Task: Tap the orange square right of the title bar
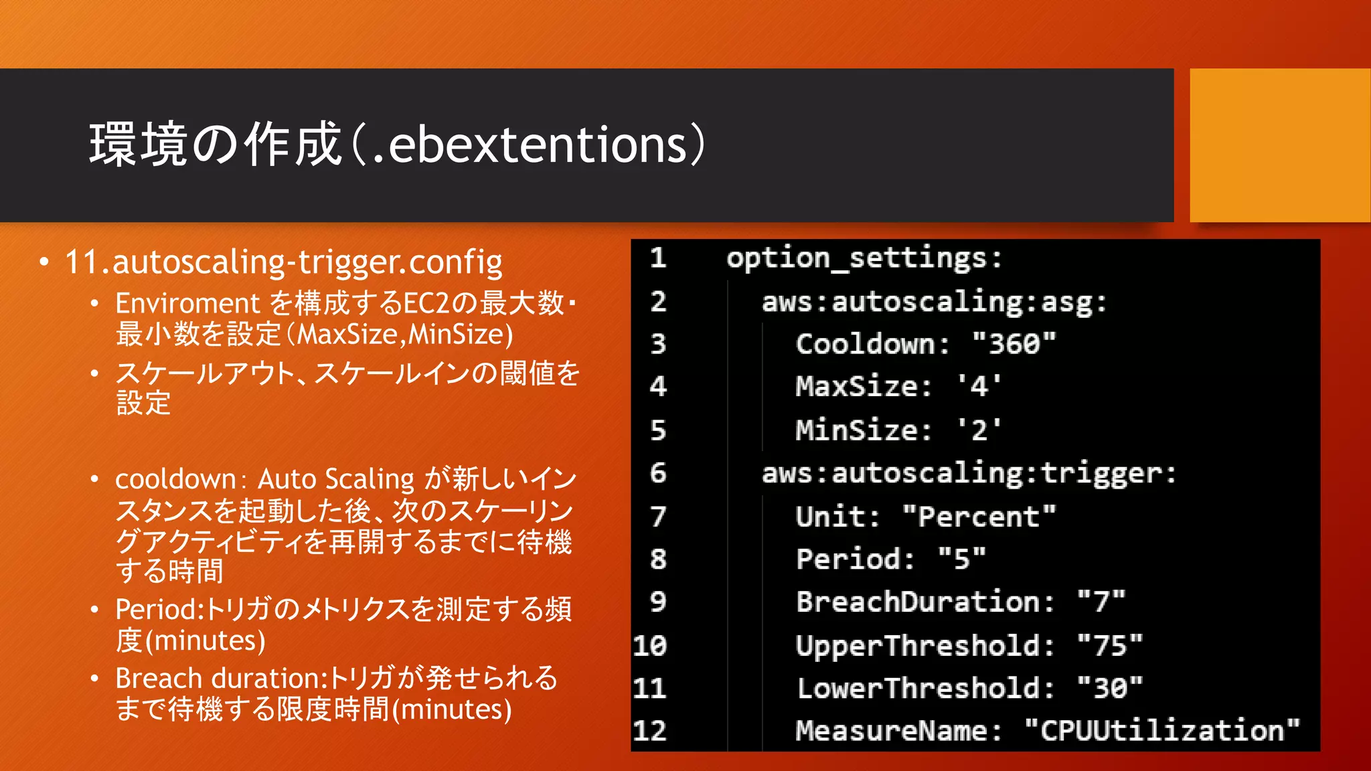point(1279,145)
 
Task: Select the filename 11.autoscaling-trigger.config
point(283,262)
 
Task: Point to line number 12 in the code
point(649,730)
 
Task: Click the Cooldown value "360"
point(1014,344)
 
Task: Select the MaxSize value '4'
point(979,387)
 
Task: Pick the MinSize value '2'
point(979,430)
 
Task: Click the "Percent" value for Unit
point(979,517)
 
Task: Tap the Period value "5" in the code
point(962,559)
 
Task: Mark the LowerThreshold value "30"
point(1110,688)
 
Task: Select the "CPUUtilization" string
point(1161,730)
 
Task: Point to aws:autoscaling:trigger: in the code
point(969,473)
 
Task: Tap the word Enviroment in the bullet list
point(187,304)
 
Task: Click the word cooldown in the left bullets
point(175,479)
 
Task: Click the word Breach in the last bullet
point(159,679)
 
